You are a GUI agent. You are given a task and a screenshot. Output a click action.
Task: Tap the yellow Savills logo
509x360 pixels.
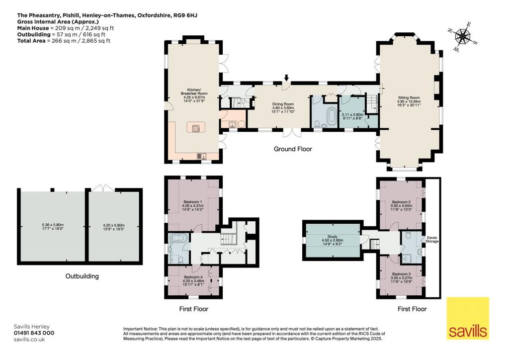click(468, 318)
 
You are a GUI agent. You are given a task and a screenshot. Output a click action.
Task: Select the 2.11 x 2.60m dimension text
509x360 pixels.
click(353, 114)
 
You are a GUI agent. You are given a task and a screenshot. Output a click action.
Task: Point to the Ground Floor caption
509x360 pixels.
click(293, 149)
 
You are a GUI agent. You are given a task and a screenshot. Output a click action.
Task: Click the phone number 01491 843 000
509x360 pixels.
click(34, 333)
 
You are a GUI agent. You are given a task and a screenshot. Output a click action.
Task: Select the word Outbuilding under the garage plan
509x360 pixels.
click(82, 276)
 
